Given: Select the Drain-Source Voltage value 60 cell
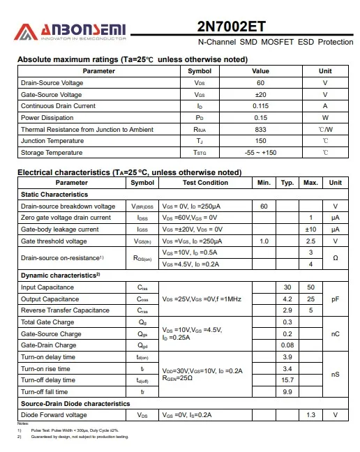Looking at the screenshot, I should coord(260,83).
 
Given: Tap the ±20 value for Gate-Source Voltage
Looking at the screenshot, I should coord(260,95).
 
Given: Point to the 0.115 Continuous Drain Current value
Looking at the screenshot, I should coord(260,106).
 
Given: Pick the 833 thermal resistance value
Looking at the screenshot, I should coord(260,130).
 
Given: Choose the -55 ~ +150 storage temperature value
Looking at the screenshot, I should coord(260,153).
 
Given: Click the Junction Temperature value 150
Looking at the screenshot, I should coord(260,141).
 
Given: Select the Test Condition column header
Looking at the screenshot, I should coord(205,183).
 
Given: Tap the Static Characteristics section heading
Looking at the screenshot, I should coord(54,195).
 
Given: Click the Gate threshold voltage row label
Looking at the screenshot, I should coord(54,241).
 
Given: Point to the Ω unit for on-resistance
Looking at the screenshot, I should coord(336,258).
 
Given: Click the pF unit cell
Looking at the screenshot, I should coord(336,299).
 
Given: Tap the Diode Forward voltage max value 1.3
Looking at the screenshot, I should coord(311,415).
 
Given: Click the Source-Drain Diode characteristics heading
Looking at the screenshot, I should coord(75,403).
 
